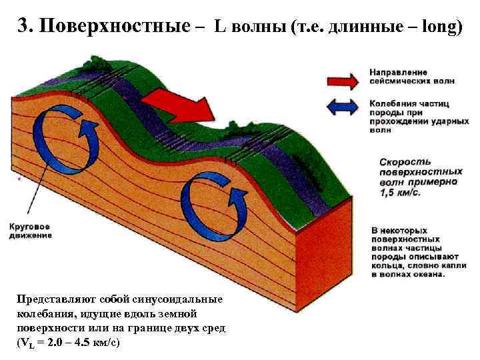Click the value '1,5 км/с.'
tap(401, 193)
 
